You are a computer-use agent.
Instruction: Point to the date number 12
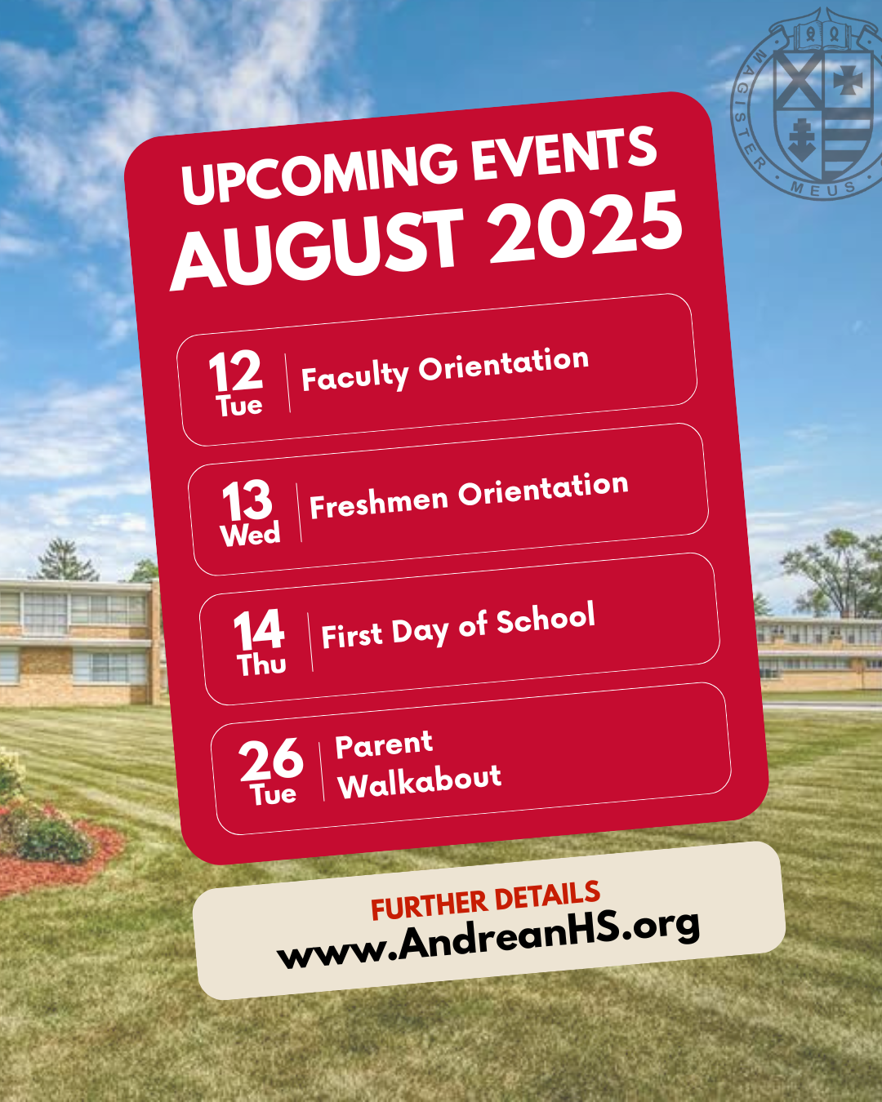[x=236, y=371]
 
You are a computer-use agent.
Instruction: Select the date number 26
[x=271, y=758]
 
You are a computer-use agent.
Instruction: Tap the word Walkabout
[x=420, y=781]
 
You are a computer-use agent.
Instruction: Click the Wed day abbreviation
[x=250, y=534]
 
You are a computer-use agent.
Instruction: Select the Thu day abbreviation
[x=261, y=664]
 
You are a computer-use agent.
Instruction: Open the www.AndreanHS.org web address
[x=488, y=940]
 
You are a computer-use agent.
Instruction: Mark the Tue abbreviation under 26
[x=273, y=793]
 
